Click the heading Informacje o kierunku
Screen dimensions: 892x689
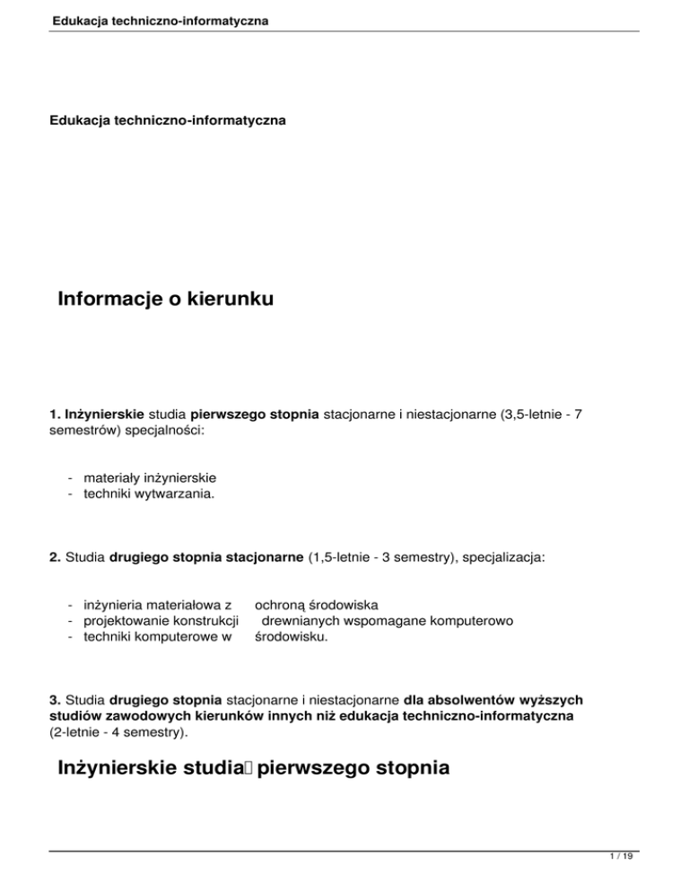coord(165,298)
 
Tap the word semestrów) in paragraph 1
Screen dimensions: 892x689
coord(88,433)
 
